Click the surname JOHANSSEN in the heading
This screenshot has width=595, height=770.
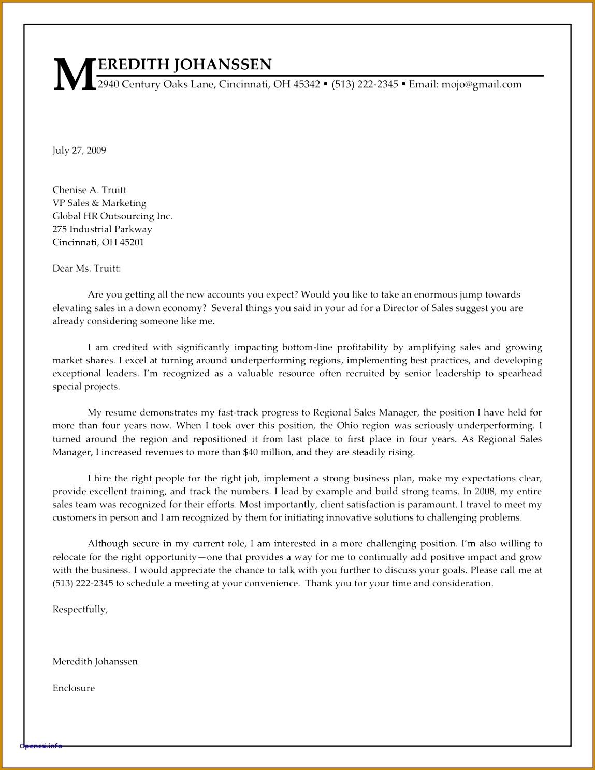coord(223,64)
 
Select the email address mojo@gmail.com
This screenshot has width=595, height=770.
coord(481,84)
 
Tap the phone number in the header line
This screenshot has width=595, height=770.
coord(365,84)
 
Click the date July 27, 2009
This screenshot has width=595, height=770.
coord(79,151)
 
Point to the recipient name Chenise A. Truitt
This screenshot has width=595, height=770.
coord(89,190)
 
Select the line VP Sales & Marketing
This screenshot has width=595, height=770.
coord(99,203)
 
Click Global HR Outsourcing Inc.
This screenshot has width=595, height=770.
coord(112,216)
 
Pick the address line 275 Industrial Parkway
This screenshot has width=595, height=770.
coord(102,229)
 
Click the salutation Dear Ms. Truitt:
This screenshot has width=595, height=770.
coord(86,269)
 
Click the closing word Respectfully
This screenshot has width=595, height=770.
coord(80,610)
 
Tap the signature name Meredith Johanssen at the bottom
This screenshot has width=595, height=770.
coord(95,662)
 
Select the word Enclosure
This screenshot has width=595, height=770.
coord(74,688)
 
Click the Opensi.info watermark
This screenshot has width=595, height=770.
coord(40,746)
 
